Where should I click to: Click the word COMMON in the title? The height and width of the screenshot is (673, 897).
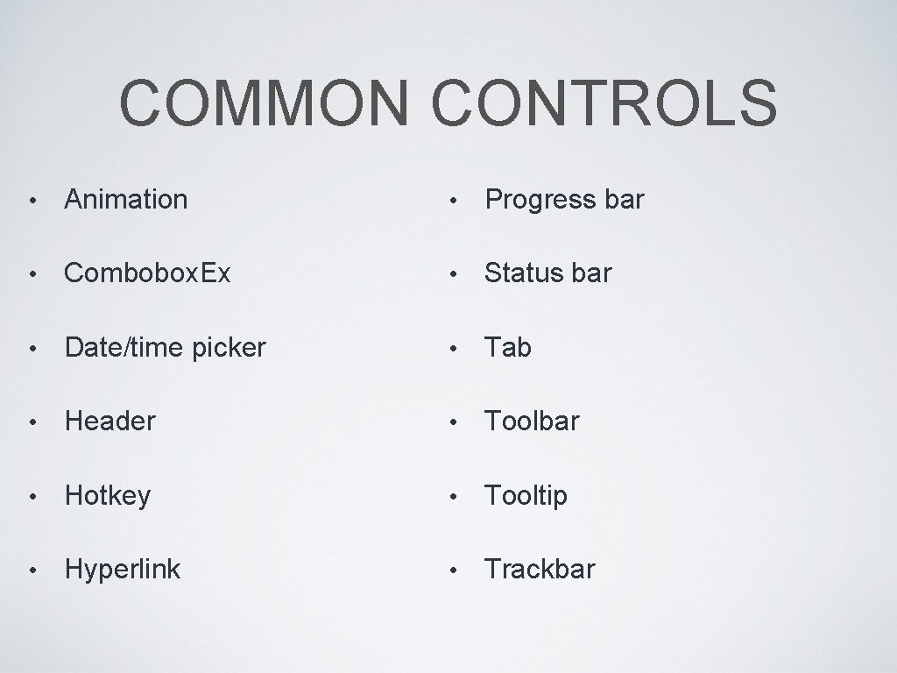(265, 103)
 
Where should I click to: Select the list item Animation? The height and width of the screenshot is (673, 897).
(126, 200)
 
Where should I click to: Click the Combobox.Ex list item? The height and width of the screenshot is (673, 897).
(148, 273)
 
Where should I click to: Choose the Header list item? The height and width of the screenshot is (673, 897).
(110, 422)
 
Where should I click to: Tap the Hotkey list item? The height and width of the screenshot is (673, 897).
(108, 496)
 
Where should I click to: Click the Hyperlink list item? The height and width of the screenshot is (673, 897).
(123, 570)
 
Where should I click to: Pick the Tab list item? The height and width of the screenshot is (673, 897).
(508, 348)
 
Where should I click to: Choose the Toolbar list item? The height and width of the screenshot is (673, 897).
(532, 422)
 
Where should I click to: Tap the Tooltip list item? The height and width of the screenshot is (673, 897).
(526, 496)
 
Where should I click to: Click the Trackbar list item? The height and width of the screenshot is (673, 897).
(540, 570)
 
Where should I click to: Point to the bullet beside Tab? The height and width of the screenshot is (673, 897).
(452, 349)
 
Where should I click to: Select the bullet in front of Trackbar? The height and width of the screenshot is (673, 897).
(452, 570)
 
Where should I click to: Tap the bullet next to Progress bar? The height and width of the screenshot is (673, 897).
(452, 201)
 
